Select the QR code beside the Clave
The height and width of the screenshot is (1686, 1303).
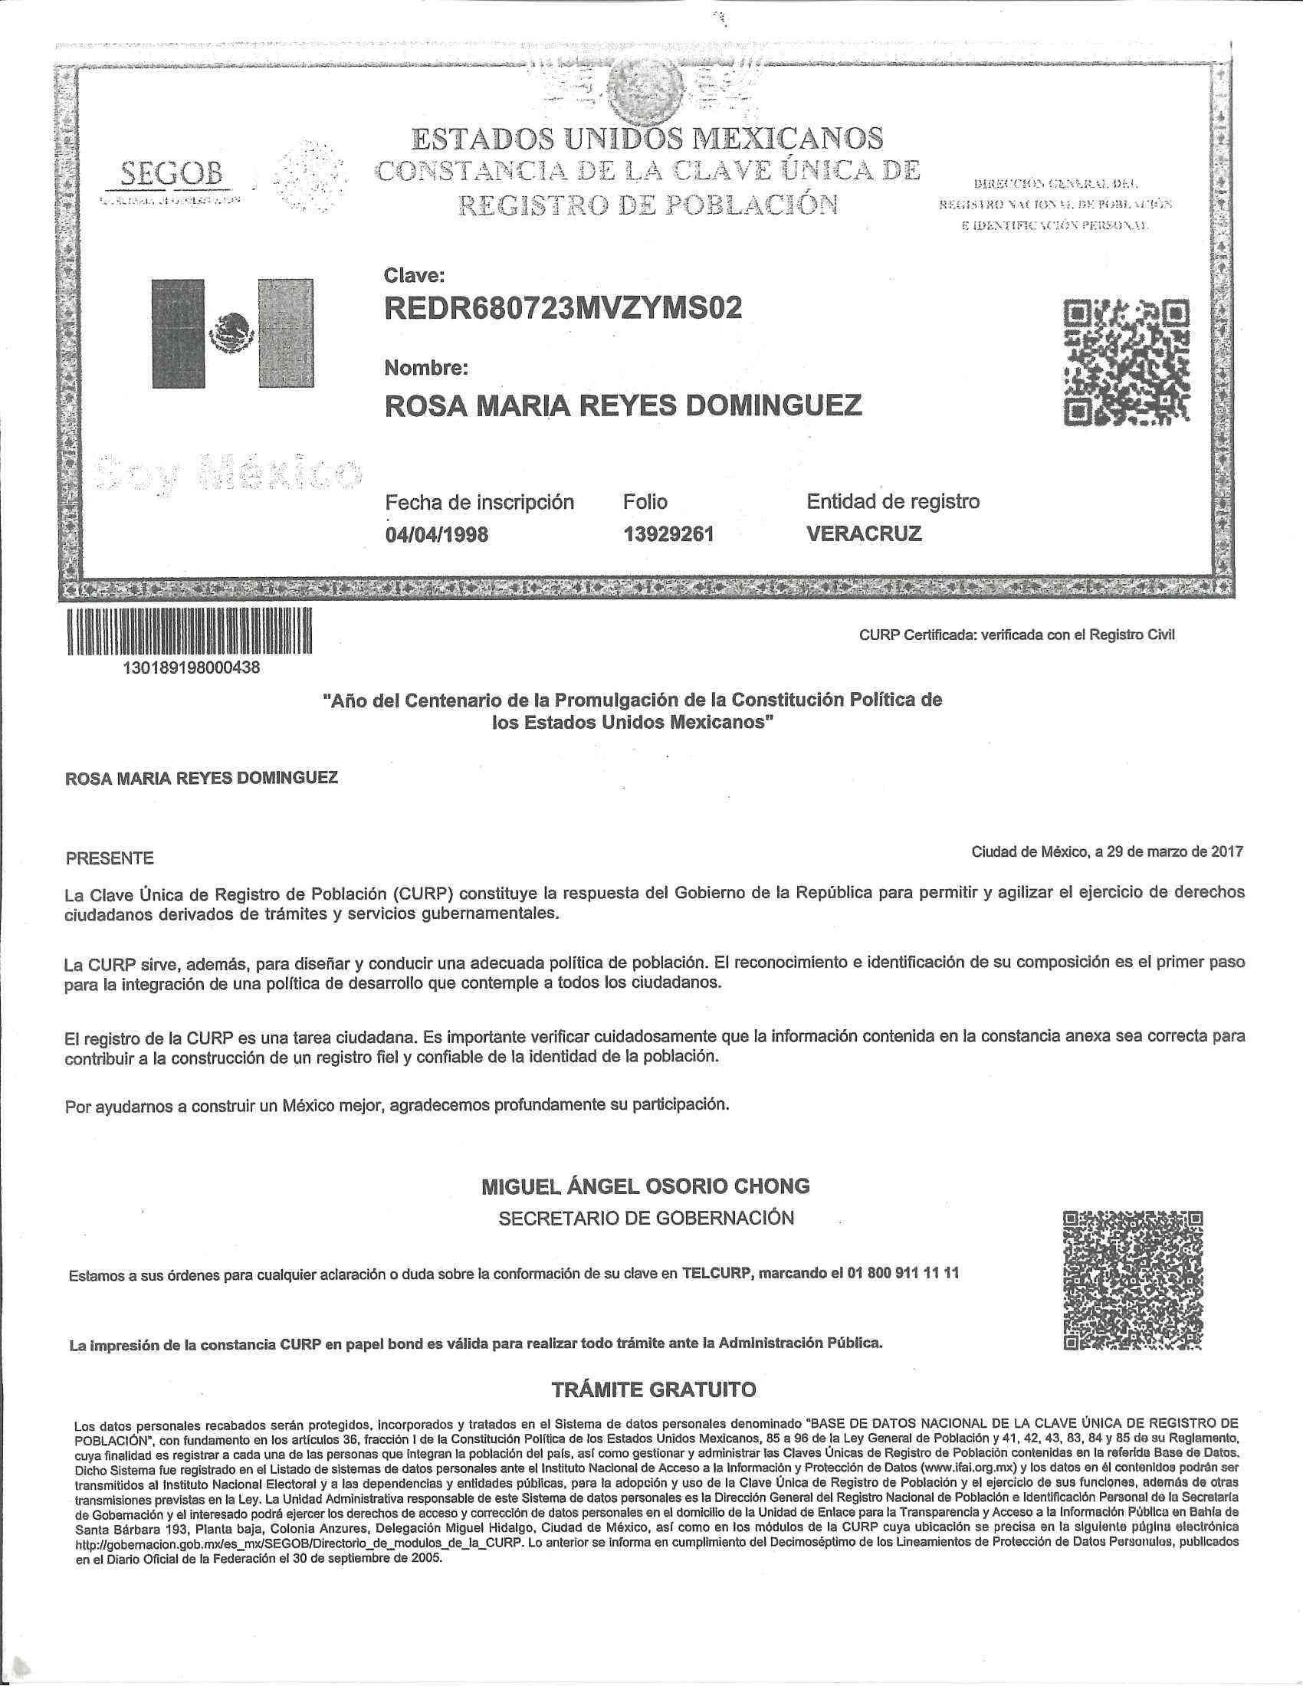pos(1126,362)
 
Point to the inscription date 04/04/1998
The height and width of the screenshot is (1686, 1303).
pos(436,534)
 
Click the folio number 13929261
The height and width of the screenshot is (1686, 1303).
pos(668,534)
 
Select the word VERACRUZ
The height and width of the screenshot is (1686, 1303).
pos(864,533)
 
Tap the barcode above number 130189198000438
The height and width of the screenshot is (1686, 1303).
pos(190,631)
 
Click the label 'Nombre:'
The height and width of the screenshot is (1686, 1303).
pos(426,368)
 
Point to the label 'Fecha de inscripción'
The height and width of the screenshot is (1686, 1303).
pos(479,503)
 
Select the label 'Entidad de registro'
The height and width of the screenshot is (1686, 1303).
pos(893,502)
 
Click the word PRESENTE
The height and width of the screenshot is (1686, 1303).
pos(110,858)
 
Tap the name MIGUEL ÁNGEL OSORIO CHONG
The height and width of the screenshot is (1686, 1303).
pos(645,1186)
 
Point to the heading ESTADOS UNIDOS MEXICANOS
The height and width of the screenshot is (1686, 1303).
pos(647,139)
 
